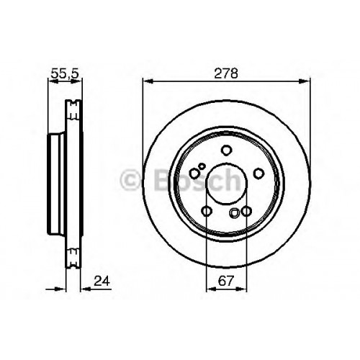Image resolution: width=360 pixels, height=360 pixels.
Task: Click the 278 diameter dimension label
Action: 226,73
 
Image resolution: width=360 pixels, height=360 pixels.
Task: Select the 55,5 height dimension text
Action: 65,74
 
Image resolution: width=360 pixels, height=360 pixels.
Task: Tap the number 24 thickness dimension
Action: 102,281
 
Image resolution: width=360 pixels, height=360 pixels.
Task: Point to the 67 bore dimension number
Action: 226,281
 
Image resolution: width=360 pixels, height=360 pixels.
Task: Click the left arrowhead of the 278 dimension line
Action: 148,81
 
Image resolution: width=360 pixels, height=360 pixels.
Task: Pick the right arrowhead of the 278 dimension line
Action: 305,81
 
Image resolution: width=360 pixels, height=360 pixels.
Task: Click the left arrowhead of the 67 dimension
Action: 211,289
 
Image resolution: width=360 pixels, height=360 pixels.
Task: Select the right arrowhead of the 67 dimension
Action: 242,289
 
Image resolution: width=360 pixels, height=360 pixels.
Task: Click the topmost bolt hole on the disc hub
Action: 226,150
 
